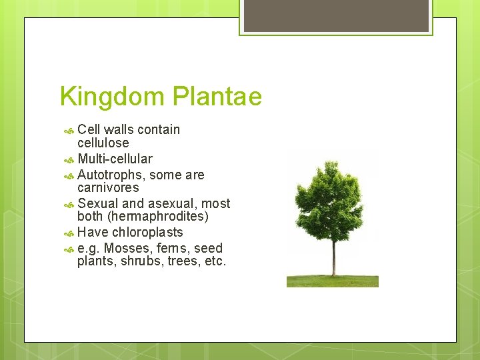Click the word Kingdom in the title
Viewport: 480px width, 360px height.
click(113, 97)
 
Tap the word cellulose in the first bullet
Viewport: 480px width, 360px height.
click(103, 143)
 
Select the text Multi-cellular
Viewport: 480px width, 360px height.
click(115, 159)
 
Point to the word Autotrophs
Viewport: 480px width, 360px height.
click(111, 175)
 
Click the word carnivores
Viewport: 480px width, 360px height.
click(108, 187)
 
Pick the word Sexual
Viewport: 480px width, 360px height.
click(97, 203)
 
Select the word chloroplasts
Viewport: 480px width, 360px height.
click(147, 232)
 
